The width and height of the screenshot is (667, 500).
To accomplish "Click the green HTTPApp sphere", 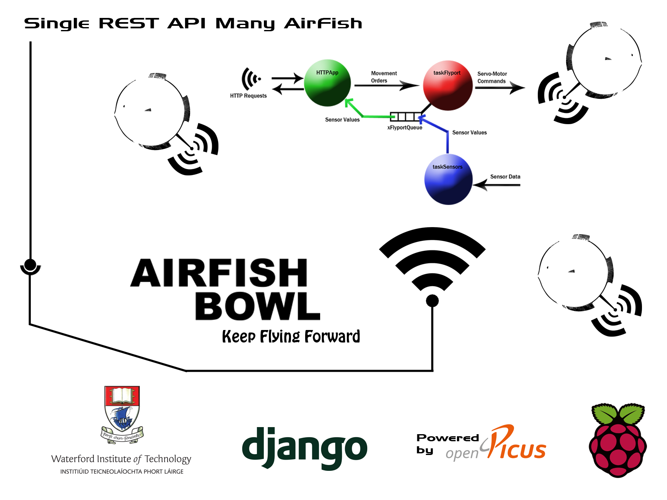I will [327, 83].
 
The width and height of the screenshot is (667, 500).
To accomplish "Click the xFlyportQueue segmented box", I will [405, 116].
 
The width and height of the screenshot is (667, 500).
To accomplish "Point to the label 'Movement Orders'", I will [384, 77].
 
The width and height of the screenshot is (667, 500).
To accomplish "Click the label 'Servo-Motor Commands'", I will [492, 77].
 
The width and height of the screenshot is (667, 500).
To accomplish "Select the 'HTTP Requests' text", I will [248, 96].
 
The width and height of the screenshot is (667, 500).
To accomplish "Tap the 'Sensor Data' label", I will [505, 177].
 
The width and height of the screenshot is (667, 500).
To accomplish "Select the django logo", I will [304, 448].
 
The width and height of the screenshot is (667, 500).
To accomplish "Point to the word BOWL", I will [257, 306].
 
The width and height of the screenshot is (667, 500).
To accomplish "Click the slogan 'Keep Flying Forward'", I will [291, 337].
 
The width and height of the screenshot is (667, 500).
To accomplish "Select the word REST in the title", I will [128, 24].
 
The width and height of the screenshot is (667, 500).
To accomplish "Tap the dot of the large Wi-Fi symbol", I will [432, 300].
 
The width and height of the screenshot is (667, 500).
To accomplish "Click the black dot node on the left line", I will [30, 265].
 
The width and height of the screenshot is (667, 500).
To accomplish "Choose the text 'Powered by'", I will [447, 443].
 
